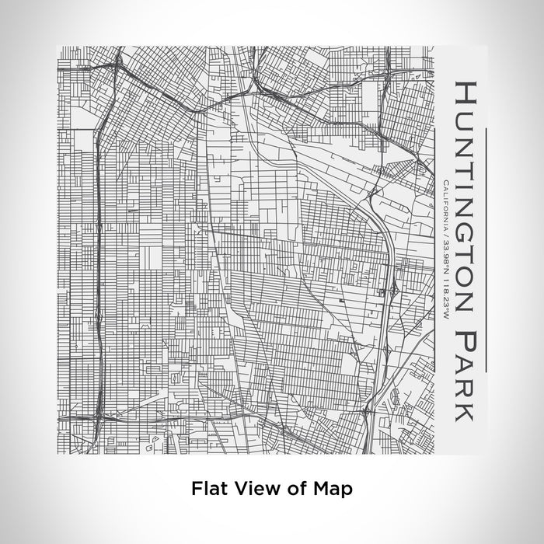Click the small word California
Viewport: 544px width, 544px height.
pos(443,204)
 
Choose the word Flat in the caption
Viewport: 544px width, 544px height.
pos(207,489)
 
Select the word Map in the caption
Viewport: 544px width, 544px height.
pos(330,489)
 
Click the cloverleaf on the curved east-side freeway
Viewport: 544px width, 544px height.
pos(394,289)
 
